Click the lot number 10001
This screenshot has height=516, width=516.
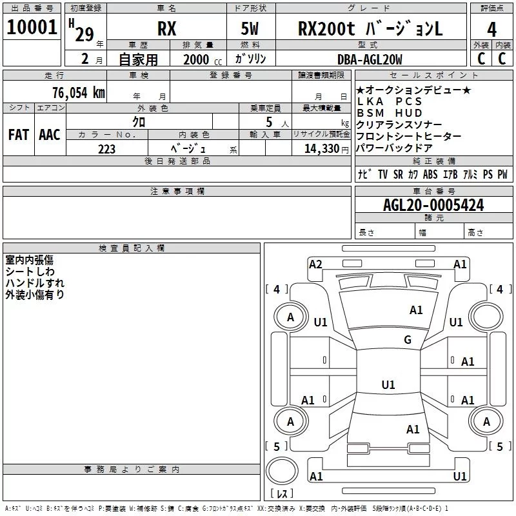[32, 27]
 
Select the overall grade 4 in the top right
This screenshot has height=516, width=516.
[491, 30]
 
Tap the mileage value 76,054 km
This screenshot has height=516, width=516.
[79, 92]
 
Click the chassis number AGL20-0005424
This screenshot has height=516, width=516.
[433, 205]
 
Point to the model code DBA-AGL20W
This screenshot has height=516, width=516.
[370, 59]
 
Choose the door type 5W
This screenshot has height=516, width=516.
[250, 28]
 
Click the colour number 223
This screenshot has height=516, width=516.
[106, 149]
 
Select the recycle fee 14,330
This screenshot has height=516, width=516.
[322, 149]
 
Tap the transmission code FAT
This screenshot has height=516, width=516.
[19, 135]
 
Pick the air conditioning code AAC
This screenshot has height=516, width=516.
[50, 135]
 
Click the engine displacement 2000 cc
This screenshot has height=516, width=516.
[203, 59]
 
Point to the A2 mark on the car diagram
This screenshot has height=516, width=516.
[315, 264]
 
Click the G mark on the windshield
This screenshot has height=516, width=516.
[408, 340]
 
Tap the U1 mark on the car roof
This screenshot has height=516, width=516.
[388, 384]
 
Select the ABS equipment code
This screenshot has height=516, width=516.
[430, 174]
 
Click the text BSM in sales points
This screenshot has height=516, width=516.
[370, 113]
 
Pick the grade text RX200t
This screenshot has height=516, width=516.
[326, 28]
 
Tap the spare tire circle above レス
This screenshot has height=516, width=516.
[282, 471]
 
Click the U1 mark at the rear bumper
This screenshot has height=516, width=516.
[459, 476]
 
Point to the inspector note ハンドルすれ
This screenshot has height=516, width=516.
[35, 283]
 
